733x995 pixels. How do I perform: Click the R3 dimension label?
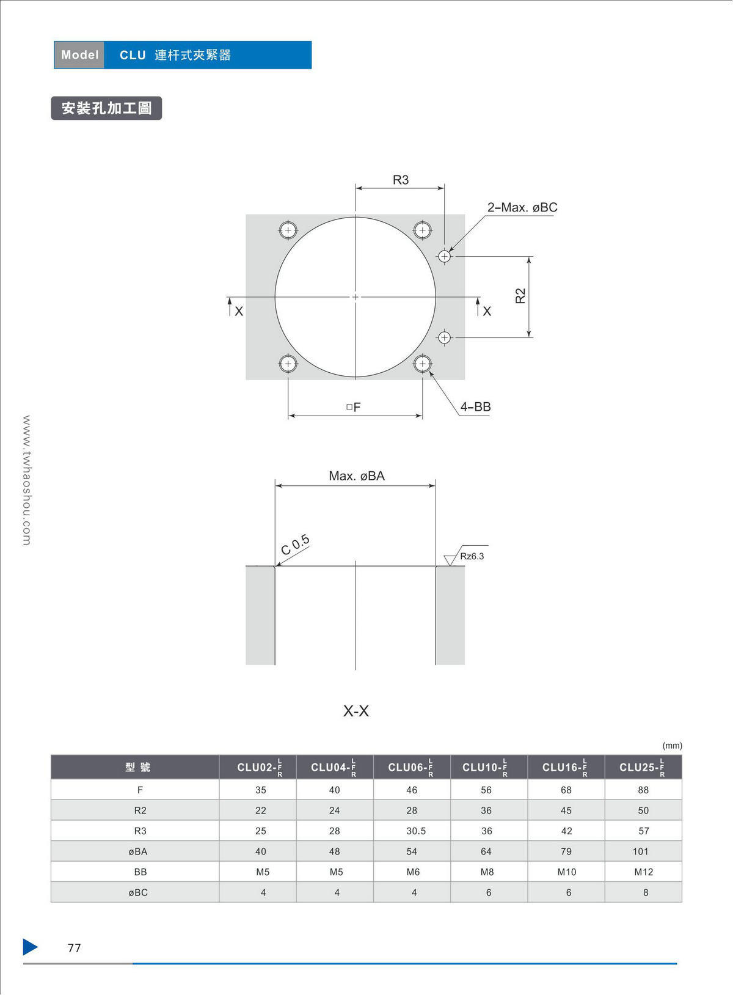401,180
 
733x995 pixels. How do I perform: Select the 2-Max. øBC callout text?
522,207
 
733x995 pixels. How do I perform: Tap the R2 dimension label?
520,296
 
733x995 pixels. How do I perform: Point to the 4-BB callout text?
475,406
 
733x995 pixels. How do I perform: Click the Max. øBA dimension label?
357,476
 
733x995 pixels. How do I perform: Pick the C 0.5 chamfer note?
295,545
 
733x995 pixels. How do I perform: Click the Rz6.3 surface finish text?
472,556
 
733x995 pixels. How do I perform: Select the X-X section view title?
356,711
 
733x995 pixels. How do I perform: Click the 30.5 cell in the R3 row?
416,831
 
